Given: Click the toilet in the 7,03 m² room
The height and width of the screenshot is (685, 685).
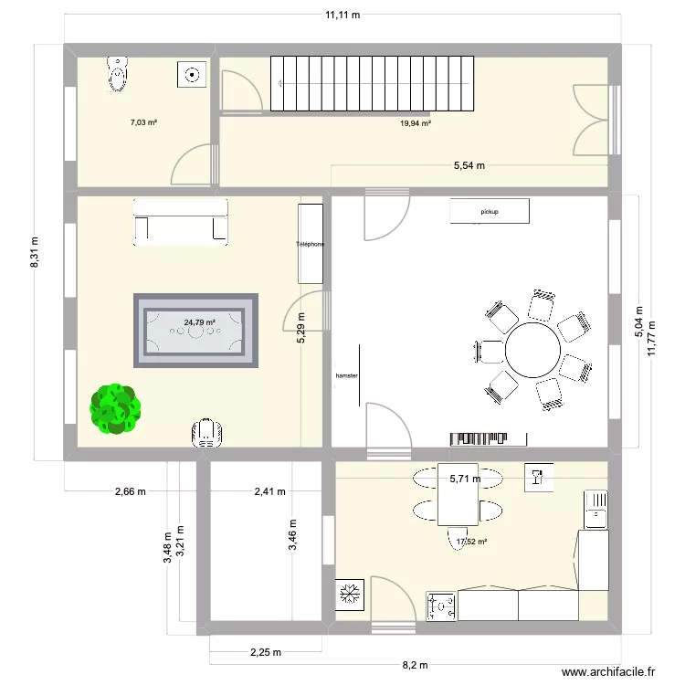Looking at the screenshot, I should pyautogui.click(x=118, y=74).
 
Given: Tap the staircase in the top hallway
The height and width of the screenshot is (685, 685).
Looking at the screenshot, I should pyautogui.click(x=373, y=83).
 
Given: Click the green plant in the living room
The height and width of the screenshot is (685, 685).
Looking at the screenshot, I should pyautogui.click(x=116, y=408).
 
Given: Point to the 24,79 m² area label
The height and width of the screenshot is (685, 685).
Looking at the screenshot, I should pyautogui.click(x=198, y=322).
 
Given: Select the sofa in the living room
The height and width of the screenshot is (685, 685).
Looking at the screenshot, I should pyautogui.click(x=180, y=223).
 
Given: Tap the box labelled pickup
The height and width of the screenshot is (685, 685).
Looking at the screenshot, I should pyautogui.click(x=490, y=211).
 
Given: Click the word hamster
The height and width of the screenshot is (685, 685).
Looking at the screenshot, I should pyautogui.click(x=346, y=375).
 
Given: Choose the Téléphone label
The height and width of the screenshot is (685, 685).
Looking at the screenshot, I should pyautogui.click(x=310, y=245).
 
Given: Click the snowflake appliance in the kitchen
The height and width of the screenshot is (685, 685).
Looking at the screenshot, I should pyautogui.click(x=350, y=595).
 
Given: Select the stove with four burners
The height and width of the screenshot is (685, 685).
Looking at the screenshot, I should pyautogui.click(x=441, y=606).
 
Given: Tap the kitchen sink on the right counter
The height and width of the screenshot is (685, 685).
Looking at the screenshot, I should pyautogui.click(x=595, y=509).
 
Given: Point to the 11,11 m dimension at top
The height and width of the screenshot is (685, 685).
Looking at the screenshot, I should pyautogui.click(x=342, y=15).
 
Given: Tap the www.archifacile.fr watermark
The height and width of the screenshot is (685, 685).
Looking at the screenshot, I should pyautogui.click(x=608, y=671).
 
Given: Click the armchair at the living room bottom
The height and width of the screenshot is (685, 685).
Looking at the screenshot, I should pyautogui.click(x=208, y=433).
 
